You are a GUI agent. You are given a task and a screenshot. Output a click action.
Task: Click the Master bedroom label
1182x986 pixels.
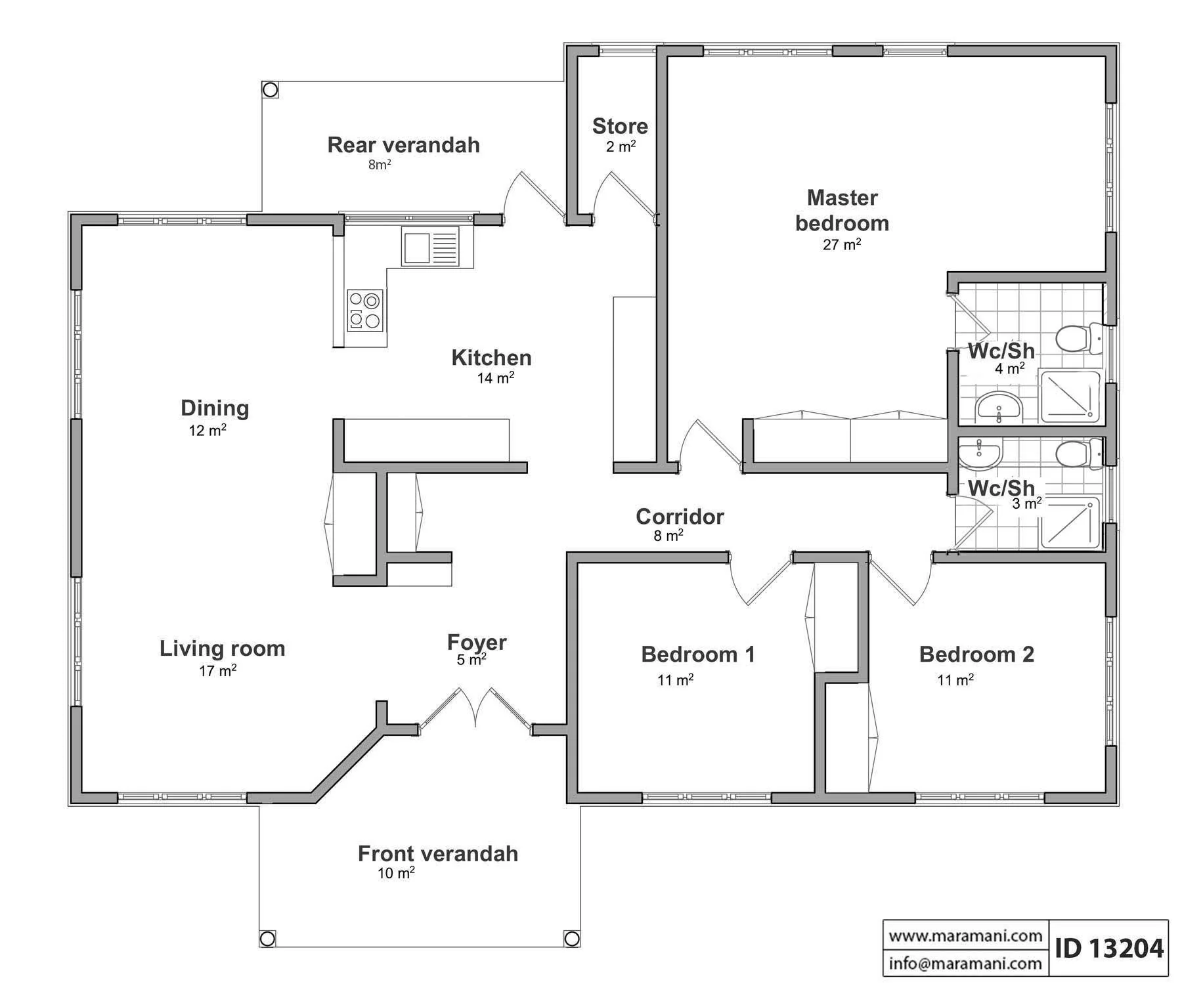pyautogui.click(x=842, y=210)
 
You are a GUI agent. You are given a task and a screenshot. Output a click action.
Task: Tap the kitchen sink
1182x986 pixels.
pyautogui.click(x=430, y=246)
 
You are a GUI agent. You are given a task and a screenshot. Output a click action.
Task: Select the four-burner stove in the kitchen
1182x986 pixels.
pyautogui.click(x=365, y=310)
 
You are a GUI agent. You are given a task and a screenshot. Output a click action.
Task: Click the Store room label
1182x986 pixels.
pyautogui.click(x=620, y=126)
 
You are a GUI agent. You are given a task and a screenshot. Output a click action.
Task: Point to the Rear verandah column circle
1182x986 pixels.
pyautogui.click(x=269, y=89)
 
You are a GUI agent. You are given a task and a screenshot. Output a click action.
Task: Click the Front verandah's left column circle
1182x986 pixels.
pyautogui.click(x=267, y=938)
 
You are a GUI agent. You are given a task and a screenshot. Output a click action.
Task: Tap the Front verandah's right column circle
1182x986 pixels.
pyautogui.click(x=572, y=938)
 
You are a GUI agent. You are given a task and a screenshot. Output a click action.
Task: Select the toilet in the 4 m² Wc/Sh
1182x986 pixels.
pyautogui.click(x=1079, y=337)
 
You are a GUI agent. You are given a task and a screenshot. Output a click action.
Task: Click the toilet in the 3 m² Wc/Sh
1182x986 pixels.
pyautogui.click(x=1079, y=454)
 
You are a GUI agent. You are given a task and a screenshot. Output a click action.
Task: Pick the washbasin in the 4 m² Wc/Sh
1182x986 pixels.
pyautogui.click(x=999, y=408)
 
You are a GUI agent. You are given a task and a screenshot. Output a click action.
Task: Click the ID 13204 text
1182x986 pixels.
pyautogui.click(x=1109, y=948)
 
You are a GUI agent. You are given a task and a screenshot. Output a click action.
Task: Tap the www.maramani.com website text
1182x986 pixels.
pyautogui.click(x=965, y=935)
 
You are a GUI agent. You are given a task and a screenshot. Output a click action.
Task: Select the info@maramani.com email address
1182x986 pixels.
pyautogui.click(x=965, y=963)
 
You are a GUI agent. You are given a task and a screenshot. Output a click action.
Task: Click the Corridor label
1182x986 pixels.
pyautogui.click(x=680, y=517)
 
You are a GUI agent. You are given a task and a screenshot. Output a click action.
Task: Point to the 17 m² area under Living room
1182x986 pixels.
pyautogui.click(x=218, y=670)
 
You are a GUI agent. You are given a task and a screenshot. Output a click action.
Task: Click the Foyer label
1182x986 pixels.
pyautogui.click(x=477, y=642)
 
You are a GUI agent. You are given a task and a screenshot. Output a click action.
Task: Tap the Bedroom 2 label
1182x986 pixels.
pyautogui.click(x=976, y=654)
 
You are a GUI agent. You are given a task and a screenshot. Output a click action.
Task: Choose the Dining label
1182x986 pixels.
pyautogui.click(x=215, y=408)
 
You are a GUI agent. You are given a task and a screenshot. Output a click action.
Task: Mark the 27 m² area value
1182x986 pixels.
pyautogui.click(x=842, y=244)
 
